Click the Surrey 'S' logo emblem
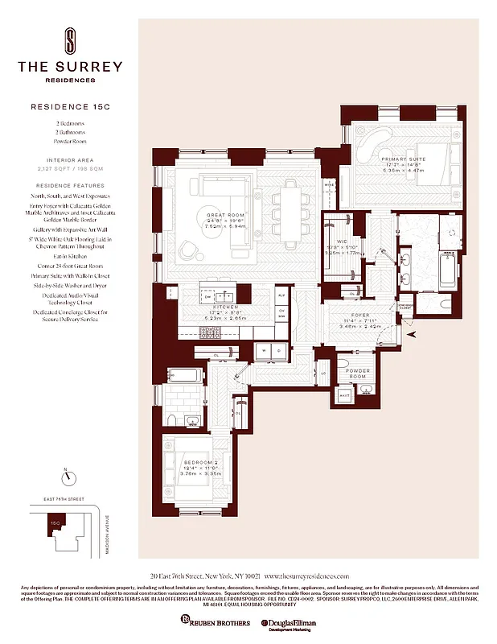pyautogui.click(x=70, y=39)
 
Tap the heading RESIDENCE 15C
pyautogui.click(x=70, y=105)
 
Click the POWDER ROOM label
pyautogui.click(x=359, y=373)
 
